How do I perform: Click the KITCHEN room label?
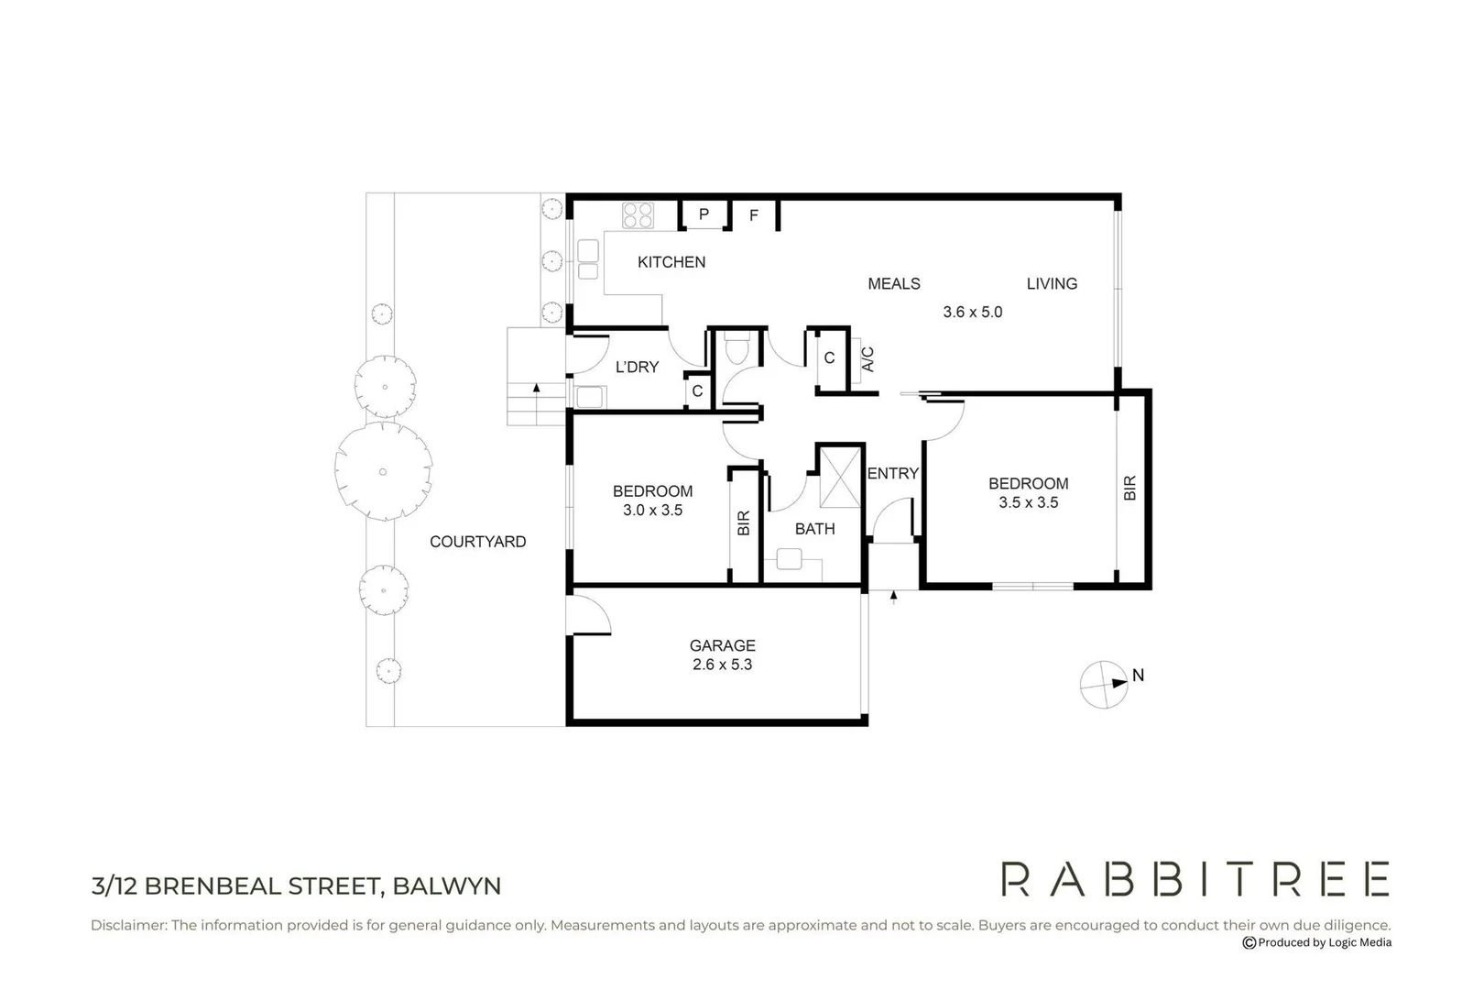coord(671,262)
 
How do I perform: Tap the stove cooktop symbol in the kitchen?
coord(638,215)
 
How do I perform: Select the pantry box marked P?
coord(704,214)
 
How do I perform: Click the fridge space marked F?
coord(754,215)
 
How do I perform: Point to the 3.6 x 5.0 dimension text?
coord(972,312)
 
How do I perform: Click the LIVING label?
coord(1051,284)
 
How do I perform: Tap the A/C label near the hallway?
coord(867,359)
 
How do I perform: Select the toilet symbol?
coord(737,351)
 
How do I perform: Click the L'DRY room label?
coord(637,367)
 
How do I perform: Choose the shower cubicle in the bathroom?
coord(840,476)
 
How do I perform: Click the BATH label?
coord(814,529)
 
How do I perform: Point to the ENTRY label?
coord(892,474)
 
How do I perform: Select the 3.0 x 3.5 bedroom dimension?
coord(652,511)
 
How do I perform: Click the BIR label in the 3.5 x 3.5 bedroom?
coord(1129,488)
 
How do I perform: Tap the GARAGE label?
coord(722,645)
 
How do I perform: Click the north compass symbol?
coord(1104,684)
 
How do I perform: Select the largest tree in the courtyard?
coord(383,471)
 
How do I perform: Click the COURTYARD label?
coord(477,542)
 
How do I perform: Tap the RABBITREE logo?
coord(1195,879)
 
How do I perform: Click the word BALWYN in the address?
coord(447,886)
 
